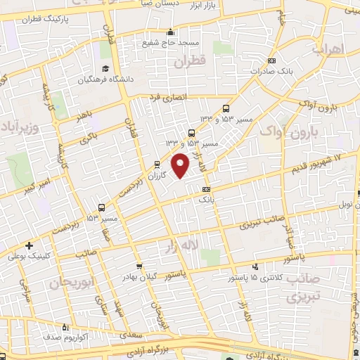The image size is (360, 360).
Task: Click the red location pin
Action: (x=181, y=165)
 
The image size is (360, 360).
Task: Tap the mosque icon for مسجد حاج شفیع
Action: (x=170, y=32)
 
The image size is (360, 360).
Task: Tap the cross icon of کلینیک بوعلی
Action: (x=29, y=245)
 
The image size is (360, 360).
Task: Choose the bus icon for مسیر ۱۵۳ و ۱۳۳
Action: (x=226, y=108)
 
